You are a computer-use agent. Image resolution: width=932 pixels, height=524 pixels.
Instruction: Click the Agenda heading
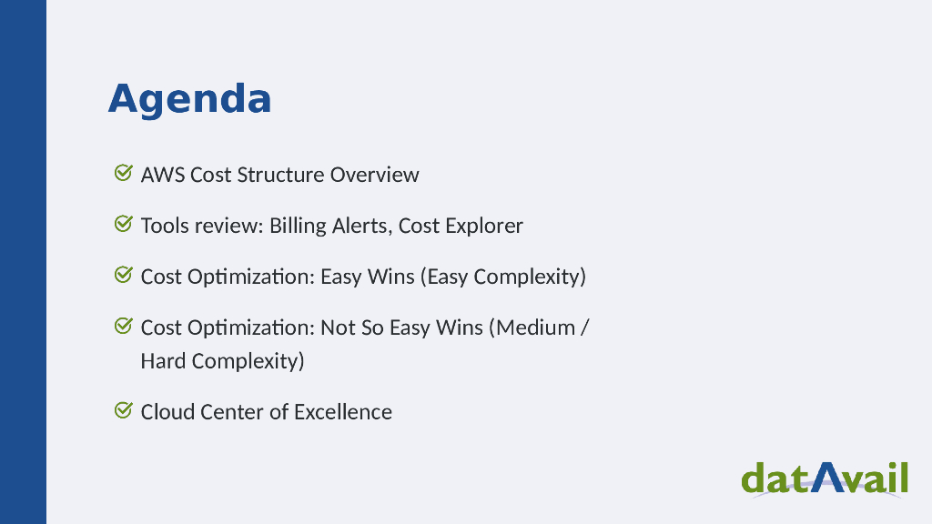point(189,98)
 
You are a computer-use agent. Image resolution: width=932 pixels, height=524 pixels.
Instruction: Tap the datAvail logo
point(825,478)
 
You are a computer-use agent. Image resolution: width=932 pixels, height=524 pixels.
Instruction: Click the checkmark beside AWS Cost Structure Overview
point(123,172)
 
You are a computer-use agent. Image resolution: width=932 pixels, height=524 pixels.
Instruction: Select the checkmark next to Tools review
point(123,223)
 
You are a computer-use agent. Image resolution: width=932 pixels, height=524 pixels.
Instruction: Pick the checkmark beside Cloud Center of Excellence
point(123,410)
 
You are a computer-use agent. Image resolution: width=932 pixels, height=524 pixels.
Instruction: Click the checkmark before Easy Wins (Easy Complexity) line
point(123,274)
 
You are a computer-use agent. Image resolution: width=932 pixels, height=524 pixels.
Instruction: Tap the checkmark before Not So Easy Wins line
point(123,325)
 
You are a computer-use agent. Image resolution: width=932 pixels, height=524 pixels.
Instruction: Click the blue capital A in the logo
point(826,477)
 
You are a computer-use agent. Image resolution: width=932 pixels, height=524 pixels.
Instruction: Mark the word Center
point(230,412)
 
